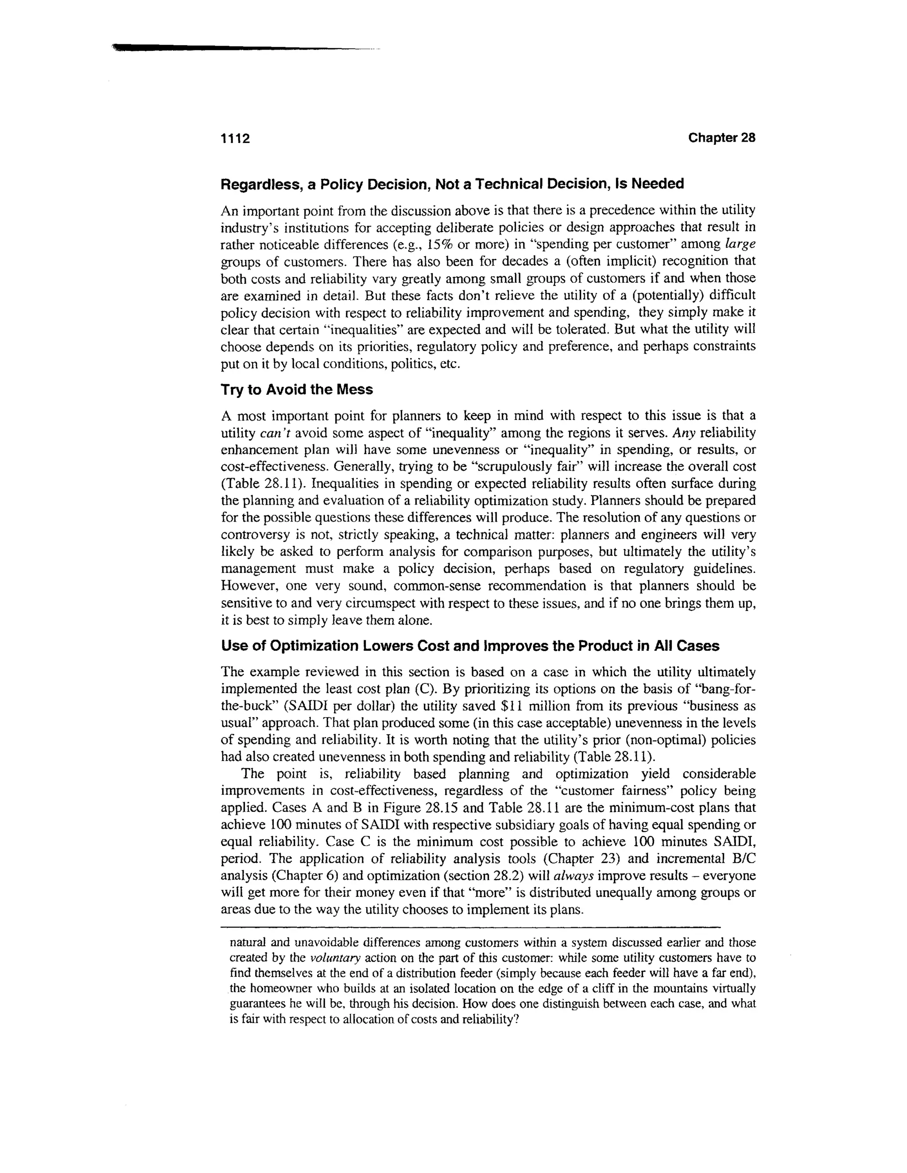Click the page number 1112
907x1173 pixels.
coord(235,139)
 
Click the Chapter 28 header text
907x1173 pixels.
coord(721,138)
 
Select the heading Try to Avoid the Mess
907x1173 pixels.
coord(297,390)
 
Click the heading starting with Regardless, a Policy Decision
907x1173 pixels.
coord(452,184)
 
